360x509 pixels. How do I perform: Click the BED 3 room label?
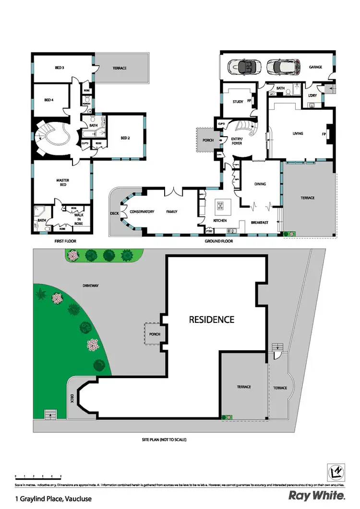[x=60, y=68]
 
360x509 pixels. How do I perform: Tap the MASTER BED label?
[x=63, y=182]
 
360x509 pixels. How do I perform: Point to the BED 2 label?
[x=125, y=139]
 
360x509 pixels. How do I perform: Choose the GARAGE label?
[x=315, y=67]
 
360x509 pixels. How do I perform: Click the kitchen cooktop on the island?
[x=220, y=206]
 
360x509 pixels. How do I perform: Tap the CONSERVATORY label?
[x=142, y=211]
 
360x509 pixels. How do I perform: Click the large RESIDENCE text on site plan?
[x=211, y=319]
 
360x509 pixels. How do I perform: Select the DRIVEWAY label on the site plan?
[x=90, y=285]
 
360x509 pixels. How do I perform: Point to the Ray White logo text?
[x=316, y=496]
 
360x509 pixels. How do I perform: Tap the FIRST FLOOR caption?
[x=65, y=241]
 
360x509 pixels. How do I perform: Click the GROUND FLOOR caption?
[x=219, y=241]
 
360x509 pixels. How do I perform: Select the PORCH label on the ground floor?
[x=207, y=141]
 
